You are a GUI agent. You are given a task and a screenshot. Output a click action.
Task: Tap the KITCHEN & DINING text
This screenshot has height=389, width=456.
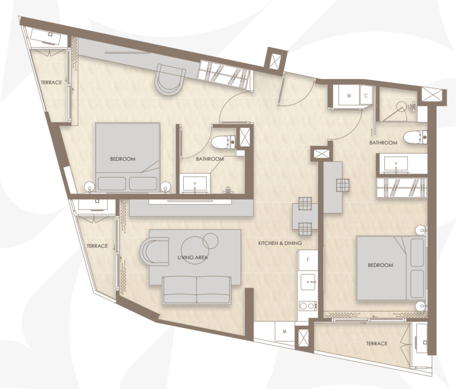pyautogui.click(x=280, y=243)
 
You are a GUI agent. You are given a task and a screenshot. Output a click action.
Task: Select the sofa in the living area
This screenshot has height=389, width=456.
pyautogui.click(x=196, y=290)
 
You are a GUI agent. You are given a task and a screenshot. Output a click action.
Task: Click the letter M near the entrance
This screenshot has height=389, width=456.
pyautogui.click(x=284, y=332)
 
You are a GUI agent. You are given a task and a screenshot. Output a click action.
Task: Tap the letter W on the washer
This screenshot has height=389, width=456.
pyautogui.click(x=349, y=96)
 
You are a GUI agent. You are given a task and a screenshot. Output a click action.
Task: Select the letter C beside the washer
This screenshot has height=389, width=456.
pyautogui.click(x=366, y=96)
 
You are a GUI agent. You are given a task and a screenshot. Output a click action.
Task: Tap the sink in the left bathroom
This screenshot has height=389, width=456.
pyautogui.click(x=196, y=184)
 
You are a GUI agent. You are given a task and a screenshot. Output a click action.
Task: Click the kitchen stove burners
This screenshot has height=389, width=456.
pyautogui.click(x=307, y=306)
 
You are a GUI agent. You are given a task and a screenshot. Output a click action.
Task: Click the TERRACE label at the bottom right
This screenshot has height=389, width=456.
pyautogui.click(x=377, y=343)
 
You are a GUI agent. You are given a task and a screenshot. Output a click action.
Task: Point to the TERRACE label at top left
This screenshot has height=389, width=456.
pyautogui.click(x=51, y=82)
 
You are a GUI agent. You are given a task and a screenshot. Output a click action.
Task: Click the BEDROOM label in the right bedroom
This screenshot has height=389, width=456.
pyautogui.click(x=380, y=265)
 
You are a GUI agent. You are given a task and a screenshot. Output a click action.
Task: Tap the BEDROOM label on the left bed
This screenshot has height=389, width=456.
pyautogui.click(x=123, y=159)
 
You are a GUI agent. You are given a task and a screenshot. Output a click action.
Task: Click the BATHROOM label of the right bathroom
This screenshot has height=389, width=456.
pyautogui.click(x=383, y=143)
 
